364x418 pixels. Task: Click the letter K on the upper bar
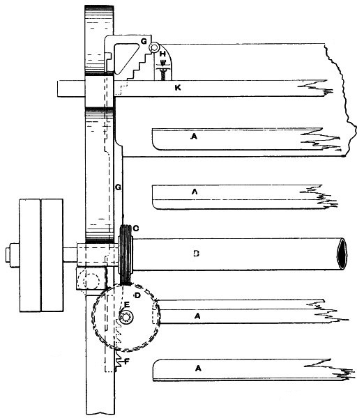pyautogui.click(x=178, y=88)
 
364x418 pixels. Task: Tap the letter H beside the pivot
pyautogui.click(x=162, y=54)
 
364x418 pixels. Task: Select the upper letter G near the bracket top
pyautogui.click(x=144, y=41)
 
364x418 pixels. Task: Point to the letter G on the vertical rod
pyautogui.click(x=118, y=187)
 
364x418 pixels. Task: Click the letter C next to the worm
pyautogui.click(x=135, y=229)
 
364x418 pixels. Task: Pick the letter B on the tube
pyautogui.click(x=196, y=254)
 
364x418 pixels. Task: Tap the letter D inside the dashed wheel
pyautogui.click(x=137, y=295)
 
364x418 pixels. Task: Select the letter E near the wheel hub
pyautogui.click(x=126, y=304)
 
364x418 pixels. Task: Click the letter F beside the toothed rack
pyautogui.click(x=127, y=361)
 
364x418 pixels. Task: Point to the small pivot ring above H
pyautogui.click(x=154, y=47)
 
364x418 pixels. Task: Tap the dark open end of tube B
pyautogui.click(x=342, y=254)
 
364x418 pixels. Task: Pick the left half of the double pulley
pyautogui.click(x=30, y=255)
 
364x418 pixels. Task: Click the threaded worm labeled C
pyautogui.click(x=126, y=254)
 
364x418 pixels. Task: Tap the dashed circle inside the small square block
pyautogui.click(x=91, y=281)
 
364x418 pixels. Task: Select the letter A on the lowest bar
pyautogui.click(x=198, y=368)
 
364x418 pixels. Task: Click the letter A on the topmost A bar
pyautogui.click(x=194, y=137)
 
